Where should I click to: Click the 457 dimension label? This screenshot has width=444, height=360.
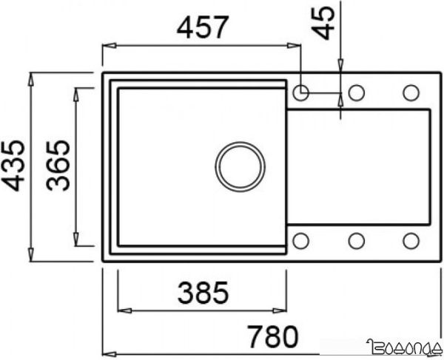(x=201, y=28)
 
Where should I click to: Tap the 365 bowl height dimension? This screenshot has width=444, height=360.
(x=59, y=166)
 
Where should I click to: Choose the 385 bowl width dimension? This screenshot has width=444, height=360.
(x=202, y=294)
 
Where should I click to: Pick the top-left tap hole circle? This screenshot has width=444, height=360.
(x=301, y=92)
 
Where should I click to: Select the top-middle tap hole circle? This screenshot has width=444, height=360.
(x=356, y=92)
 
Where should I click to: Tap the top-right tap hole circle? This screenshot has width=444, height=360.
(x=411, y=92)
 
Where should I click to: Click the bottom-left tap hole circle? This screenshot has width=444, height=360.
(x=301, y=240)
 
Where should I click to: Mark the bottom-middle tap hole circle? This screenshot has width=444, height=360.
(x=356, y=240)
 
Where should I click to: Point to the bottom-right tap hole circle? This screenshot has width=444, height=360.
(x=411, y=240)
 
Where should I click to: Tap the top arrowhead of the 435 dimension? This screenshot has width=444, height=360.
(x=30, y=76)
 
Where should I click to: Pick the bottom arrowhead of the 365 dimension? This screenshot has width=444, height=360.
(x=77, y=244)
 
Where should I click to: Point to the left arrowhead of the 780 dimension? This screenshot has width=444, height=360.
(x=105, y=350)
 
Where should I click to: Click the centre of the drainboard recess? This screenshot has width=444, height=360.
(x=357, y=166)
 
